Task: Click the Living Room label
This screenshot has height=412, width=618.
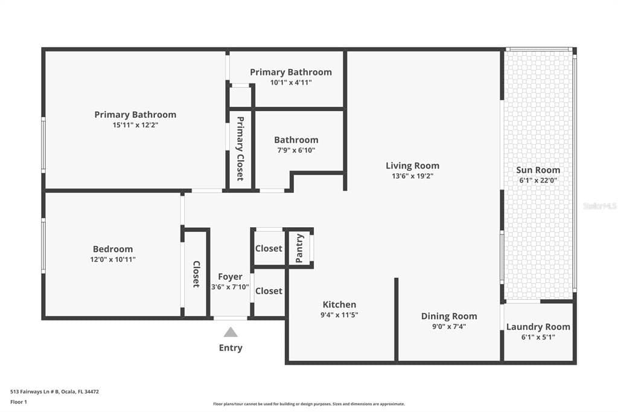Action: [x=412, y=166]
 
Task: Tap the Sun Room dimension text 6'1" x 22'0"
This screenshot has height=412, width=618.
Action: [x=538, y=181]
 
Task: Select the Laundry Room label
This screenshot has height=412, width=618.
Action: [x=538, y=327]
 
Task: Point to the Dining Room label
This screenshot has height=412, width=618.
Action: [x=448, y=316]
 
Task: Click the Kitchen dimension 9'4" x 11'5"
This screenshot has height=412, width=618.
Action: [x=339, y=315]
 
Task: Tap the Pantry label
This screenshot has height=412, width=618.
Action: [x=299, y=248]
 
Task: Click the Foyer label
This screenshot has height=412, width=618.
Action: [x=230, y=277]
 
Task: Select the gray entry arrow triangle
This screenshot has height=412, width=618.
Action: [x=231, y=332]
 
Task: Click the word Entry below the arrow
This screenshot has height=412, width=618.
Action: [x=231, y=347]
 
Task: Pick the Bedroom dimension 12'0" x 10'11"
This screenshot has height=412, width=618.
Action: [x=113, y=259]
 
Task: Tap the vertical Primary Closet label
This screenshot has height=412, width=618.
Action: [x=240, y=149]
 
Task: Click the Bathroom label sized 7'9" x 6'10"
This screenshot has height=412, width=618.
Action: [x=296, y=140]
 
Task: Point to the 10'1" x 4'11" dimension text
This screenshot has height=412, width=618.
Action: [x=290, y=82]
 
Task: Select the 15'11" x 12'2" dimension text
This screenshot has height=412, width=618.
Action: [x=135, y=124]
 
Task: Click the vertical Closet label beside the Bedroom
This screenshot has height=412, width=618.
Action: [x=196, y=274]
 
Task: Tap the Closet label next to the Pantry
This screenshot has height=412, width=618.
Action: [x=269, y=248]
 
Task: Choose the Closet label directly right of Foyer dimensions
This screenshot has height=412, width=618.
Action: [x=269, y=291]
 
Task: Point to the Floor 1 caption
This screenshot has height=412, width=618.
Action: [x=19, y=402]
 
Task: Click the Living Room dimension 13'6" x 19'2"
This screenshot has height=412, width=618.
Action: [x=412, y=176]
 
